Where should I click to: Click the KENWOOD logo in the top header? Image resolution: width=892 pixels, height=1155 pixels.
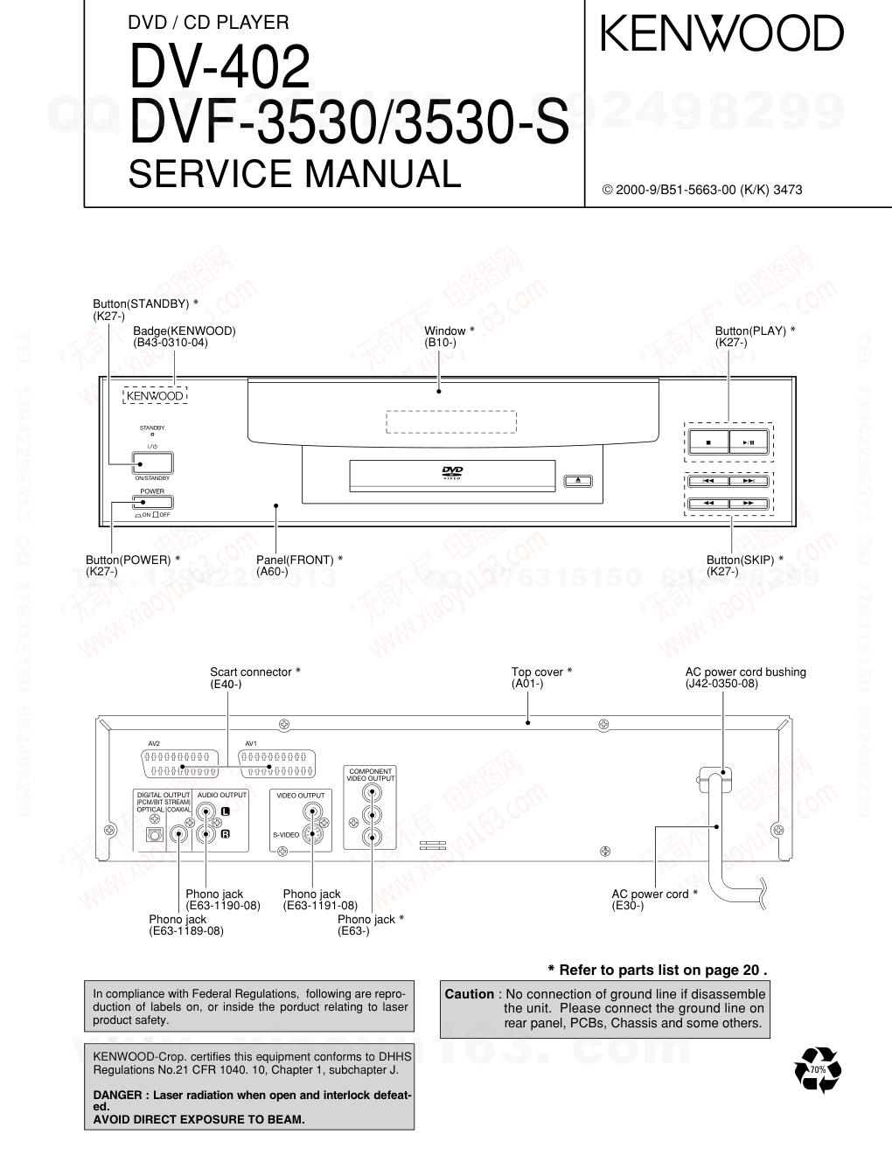(721, 34)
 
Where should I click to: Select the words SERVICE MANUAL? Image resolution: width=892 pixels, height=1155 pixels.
(294, 173)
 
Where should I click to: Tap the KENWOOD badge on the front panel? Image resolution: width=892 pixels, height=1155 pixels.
(155, 396)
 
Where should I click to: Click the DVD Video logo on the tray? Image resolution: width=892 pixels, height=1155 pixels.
(452, 473)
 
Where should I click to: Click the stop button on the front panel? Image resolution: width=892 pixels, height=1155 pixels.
(707, 443)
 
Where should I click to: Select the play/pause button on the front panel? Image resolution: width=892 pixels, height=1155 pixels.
(749, 443)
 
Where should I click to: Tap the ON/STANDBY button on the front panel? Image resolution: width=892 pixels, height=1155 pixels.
(152, 463)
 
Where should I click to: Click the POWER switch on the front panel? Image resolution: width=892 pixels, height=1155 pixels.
(152, 502)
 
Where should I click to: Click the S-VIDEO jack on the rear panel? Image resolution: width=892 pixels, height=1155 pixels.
(312, 834)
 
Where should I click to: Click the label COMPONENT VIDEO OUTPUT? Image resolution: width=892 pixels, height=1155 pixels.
(371, 775)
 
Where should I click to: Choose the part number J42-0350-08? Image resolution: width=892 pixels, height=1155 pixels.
(721, 684)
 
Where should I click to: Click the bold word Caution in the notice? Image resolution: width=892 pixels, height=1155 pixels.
(470, 994)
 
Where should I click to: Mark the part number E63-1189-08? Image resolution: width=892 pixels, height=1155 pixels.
(186, 931)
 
